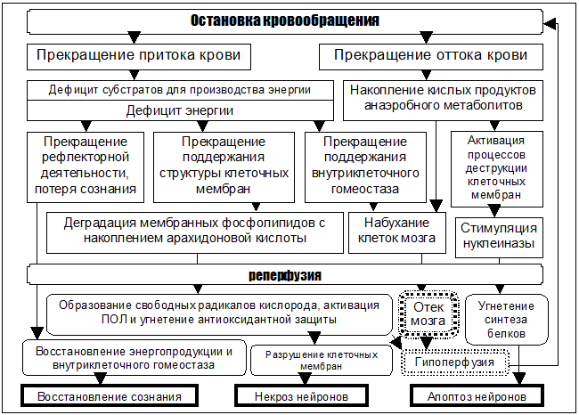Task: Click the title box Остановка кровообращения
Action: click(285, 21)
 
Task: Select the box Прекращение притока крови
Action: click(139, 57)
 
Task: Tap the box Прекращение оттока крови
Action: click(431, 57)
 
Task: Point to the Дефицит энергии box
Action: click(180, 110)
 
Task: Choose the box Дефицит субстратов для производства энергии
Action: click(180, 90)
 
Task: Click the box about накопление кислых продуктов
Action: click(443, 101)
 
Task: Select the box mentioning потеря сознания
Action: click(86, 167)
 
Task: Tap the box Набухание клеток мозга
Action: click(397, 232)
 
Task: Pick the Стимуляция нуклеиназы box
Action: click(499, 238)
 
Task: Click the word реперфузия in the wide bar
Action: click(285, 275)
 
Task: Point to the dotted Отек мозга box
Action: click(428, 314)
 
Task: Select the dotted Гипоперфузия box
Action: click(455, 362)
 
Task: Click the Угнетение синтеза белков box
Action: click(506, 320)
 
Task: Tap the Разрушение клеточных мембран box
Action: click(322, 361)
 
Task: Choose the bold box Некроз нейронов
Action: click(301, 396)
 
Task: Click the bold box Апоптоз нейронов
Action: click(477, 396)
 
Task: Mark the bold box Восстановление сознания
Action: click(110, 396)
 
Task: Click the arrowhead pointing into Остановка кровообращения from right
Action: click(550, 24)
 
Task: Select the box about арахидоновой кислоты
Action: click(195, 232)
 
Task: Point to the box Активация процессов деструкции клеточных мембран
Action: click(497, 168)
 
